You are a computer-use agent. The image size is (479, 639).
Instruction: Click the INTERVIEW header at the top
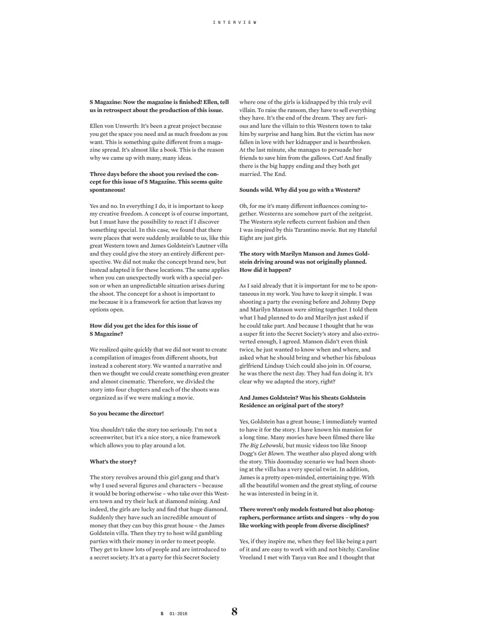tap(235, 22)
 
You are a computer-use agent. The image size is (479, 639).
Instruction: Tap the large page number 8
tap(235, 612)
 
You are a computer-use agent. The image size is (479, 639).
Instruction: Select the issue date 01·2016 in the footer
tap(178, 613)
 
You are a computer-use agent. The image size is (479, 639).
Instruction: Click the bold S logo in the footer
tap(162, 613)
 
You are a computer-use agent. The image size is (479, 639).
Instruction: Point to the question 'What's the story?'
tap(113, 461)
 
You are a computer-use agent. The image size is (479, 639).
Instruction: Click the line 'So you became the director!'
tap(126, 413)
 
